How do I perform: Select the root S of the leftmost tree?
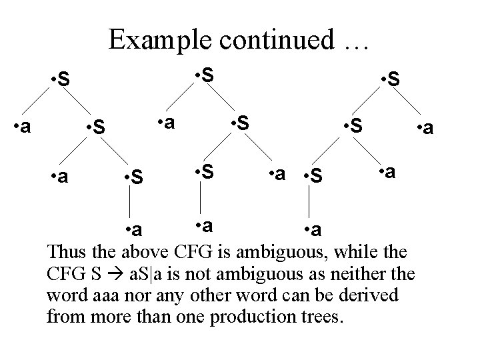pos(63,81)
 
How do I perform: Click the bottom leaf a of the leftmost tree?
pos(136,230)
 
